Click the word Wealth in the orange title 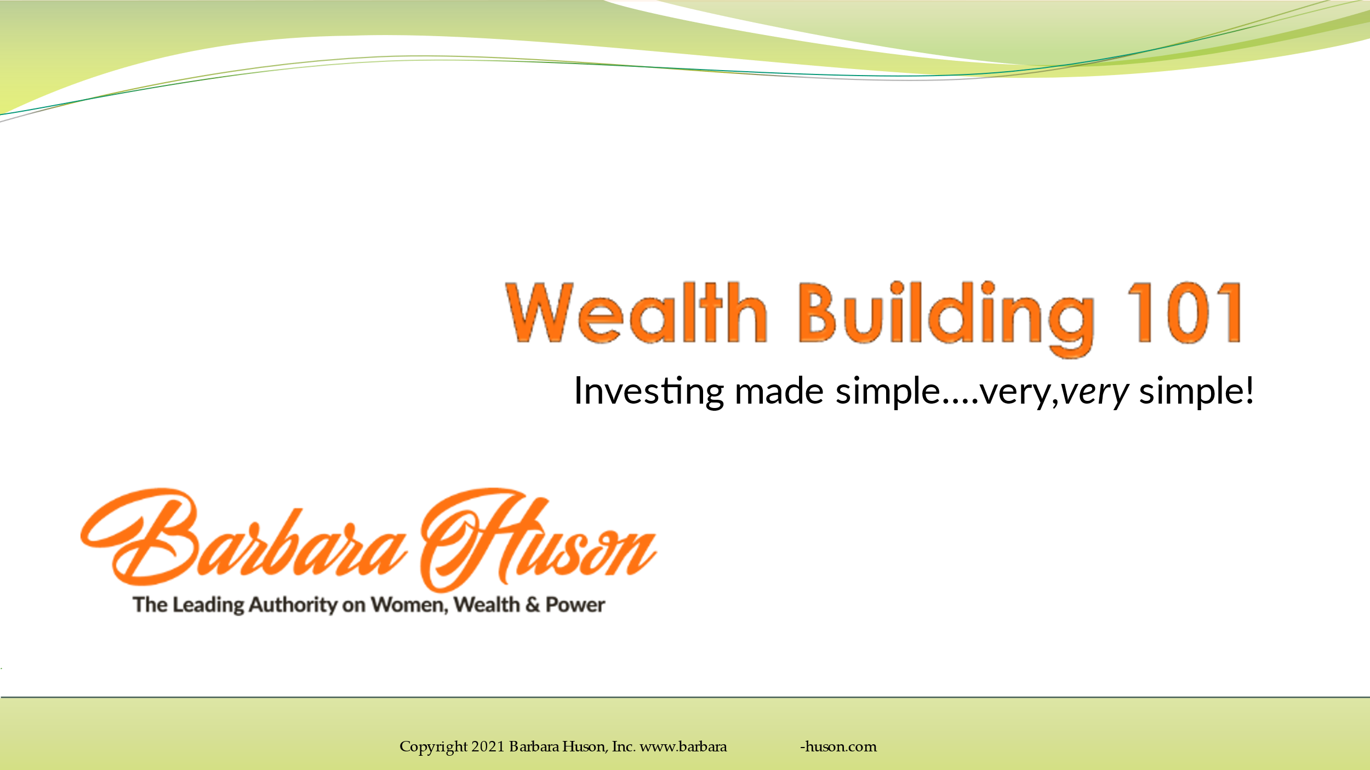tap(636, 313)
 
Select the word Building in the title tap(946, 319)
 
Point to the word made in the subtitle tap(779, 391)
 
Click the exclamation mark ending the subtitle tap(1249, 390)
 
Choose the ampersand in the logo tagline tap(532, 605)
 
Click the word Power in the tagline tap(575, 605)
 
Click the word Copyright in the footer tap(433, 747)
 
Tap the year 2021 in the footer tap(488, 746)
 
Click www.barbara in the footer tap(683, 746)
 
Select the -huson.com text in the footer tap(838, 746)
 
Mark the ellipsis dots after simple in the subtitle tap(961, 402)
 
